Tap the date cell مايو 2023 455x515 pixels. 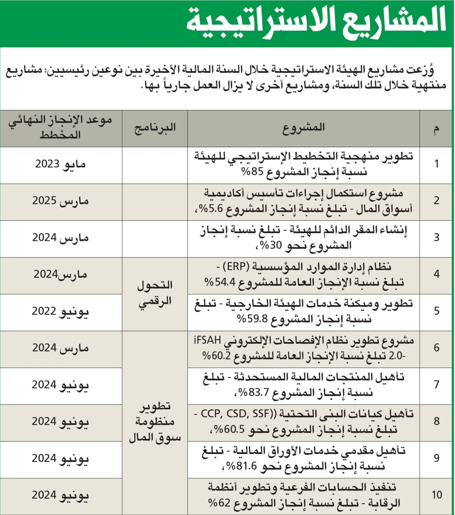click(x=61, y=165)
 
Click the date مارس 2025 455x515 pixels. click(x=61, y=202)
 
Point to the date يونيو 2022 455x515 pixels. click(x=61, y=312)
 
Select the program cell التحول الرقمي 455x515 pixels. click(x=155, y=294)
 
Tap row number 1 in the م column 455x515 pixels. click(x=436, y=165)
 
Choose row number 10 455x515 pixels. click(x=436, y=495)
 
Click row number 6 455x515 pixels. click(x=436, y=349)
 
